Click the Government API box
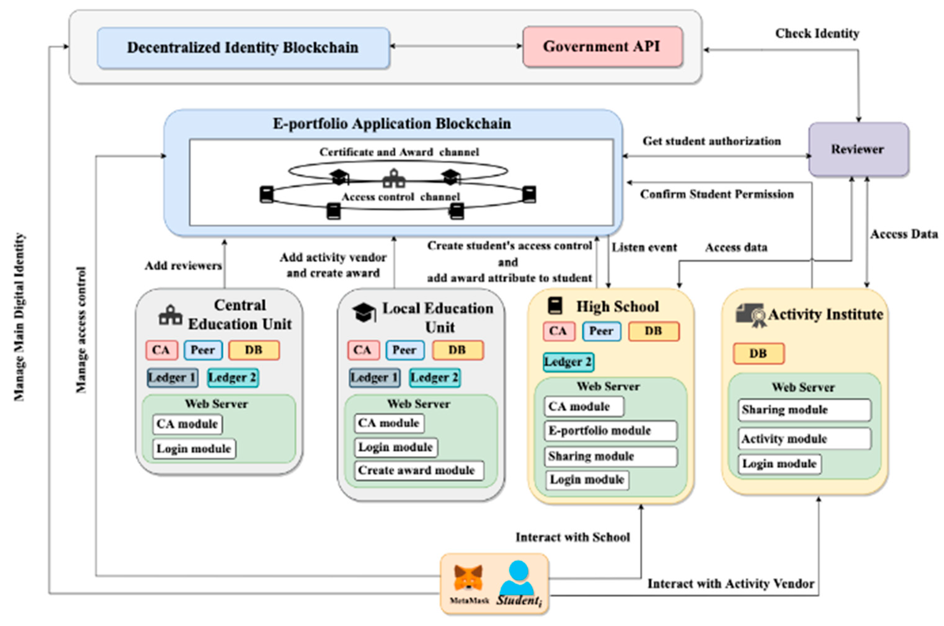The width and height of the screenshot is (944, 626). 602,47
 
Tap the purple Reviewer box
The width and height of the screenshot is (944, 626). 858,149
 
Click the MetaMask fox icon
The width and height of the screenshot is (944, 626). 468,578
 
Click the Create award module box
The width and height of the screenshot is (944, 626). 418,470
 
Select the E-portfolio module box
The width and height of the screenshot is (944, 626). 610,431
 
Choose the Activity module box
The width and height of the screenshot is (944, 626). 804,439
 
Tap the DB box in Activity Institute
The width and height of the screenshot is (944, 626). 758,354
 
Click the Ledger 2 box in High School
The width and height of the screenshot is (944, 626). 568,362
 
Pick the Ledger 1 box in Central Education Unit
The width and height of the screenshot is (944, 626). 172,378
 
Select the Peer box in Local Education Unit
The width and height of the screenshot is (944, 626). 404,350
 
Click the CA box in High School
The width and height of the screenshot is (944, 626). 558,331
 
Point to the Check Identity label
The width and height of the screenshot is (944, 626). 817,33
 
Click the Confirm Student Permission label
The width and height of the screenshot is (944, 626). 717,195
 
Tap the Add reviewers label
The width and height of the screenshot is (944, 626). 183,266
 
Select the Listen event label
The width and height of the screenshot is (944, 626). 644,247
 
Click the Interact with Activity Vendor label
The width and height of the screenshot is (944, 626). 730,584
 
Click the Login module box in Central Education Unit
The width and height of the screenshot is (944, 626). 194,449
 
